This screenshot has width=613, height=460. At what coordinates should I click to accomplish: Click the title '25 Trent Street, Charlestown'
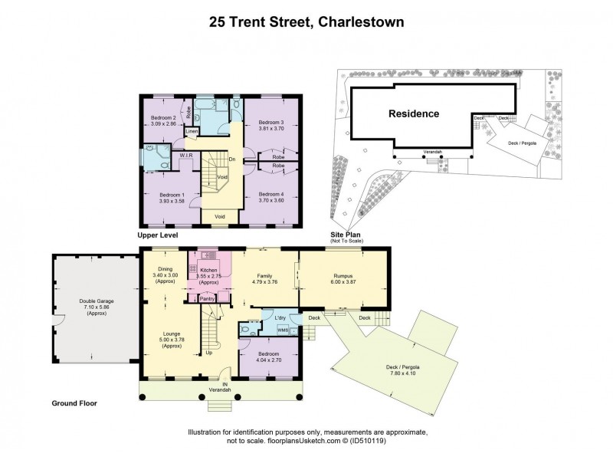306,22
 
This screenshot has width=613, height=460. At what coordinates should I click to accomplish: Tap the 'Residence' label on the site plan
413,114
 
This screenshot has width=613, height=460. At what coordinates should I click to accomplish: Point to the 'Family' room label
265,278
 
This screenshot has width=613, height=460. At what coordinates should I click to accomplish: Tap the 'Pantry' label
207,299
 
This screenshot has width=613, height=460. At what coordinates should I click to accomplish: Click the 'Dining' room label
165,269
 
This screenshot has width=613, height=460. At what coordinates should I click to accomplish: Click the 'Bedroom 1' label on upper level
163,195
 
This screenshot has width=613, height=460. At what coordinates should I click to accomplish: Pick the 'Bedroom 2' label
162,117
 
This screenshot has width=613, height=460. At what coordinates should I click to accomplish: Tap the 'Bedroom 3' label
270,123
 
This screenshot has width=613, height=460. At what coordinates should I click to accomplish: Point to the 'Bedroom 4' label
270,194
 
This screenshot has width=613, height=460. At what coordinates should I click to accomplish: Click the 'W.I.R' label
186,156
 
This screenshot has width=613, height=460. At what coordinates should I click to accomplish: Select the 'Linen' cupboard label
192,132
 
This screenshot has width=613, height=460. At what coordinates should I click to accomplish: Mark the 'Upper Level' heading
158,236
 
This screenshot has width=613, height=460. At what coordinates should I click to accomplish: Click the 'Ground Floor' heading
74,402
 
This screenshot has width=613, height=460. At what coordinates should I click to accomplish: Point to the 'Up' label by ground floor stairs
210,353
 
